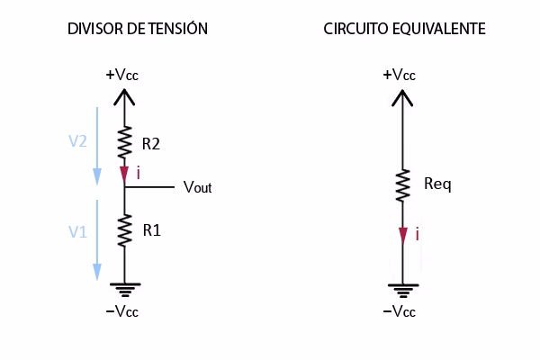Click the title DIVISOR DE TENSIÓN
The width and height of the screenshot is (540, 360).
(138, 29)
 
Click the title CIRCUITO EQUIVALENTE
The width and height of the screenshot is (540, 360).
(404, 29)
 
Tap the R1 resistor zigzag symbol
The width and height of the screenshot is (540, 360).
(124, 229)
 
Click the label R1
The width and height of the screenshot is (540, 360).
(151, 230)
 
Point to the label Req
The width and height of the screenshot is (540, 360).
(436, 185)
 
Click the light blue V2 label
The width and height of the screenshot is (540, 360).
(77, 141)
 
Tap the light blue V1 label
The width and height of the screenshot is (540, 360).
(77, 231)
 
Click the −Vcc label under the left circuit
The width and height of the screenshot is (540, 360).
(124, 312)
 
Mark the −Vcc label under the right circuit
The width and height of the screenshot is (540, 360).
(399, 312)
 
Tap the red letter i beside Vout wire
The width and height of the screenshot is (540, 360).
(139, 173)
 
